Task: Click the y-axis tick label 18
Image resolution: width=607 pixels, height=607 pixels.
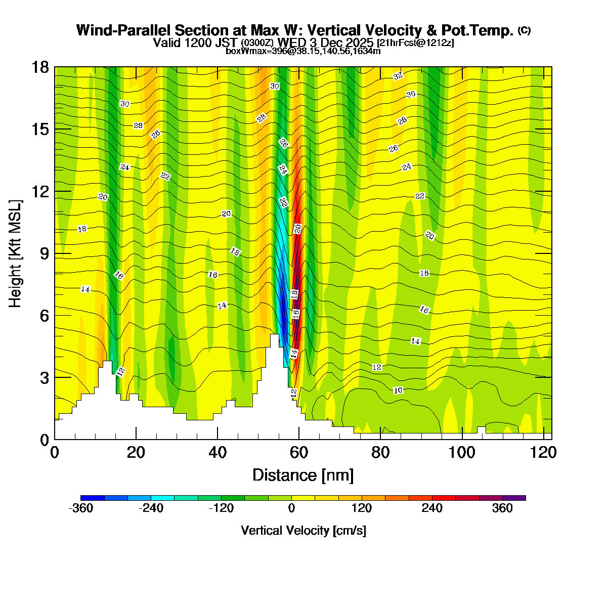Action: point(40,68)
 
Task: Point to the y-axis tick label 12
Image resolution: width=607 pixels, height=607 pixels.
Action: point(40,192)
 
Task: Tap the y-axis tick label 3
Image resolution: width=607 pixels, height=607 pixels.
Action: point(45,378)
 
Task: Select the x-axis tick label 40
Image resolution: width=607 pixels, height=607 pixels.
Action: point(218,452)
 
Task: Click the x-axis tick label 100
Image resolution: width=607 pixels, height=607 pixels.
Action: point(462,452)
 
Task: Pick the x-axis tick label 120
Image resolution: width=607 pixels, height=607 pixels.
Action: point(543,452)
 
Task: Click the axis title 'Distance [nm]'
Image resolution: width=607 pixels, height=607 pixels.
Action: point(302,475)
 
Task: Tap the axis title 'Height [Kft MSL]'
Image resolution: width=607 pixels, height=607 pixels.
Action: point(16,253)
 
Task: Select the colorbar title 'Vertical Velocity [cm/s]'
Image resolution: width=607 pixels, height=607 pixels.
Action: point(303,531)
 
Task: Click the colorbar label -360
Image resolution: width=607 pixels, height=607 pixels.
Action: point(80,508)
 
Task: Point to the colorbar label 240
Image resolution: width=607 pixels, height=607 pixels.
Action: point(432,508)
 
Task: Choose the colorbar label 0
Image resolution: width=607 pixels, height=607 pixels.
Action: point(292,508)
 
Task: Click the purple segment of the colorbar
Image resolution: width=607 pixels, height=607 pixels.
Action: point(514,498)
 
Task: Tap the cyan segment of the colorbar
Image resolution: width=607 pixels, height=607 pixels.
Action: point(162,498)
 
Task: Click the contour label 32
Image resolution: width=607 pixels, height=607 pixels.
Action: point(398,76)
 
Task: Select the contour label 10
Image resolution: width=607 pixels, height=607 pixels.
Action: point(398,390)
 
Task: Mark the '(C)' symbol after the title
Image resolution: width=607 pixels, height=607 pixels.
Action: point(524,30)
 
